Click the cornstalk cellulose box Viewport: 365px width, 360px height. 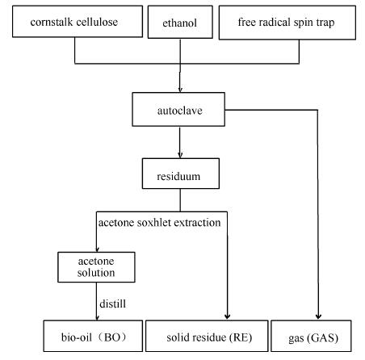click(x=78, y=22)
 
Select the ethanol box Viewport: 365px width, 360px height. click(x=180, y=22)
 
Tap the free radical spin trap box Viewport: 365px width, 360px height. click(x=287, y=23)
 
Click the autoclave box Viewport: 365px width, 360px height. click(x=178, y=109)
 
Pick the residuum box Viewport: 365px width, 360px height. click(x=181, y=174)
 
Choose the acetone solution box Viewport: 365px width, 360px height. click(x=96, y=267)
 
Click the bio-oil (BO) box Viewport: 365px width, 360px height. click(x=93, y=336)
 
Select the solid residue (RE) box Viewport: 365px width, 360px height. click(x=207, y=336)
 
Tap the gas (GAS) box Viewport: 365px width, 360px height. click(x=311, y=336)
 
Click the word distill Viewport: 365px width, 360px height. click(x=112, y=303)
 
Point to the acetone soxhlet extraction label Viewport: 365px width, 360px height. click(x=159, y=223)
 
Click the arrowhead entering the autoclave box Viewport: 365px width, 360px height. click(x=180, y=90)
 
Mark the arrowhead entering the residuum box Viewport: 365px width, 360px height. click(x=180, y=155)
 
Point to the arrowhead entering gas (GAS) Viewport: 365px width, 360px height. click(x=318, y=316)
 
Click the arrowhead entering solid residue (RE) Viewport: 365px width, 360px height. click(x=227, y=316)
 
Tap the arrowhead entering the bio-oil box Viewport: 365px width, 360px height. click(x=97, y=317)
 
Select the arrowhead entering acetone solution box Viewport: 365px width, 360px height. click(x=97, y=249)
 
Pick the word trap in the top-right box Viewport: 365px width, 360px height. click(x=325, y=23)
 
